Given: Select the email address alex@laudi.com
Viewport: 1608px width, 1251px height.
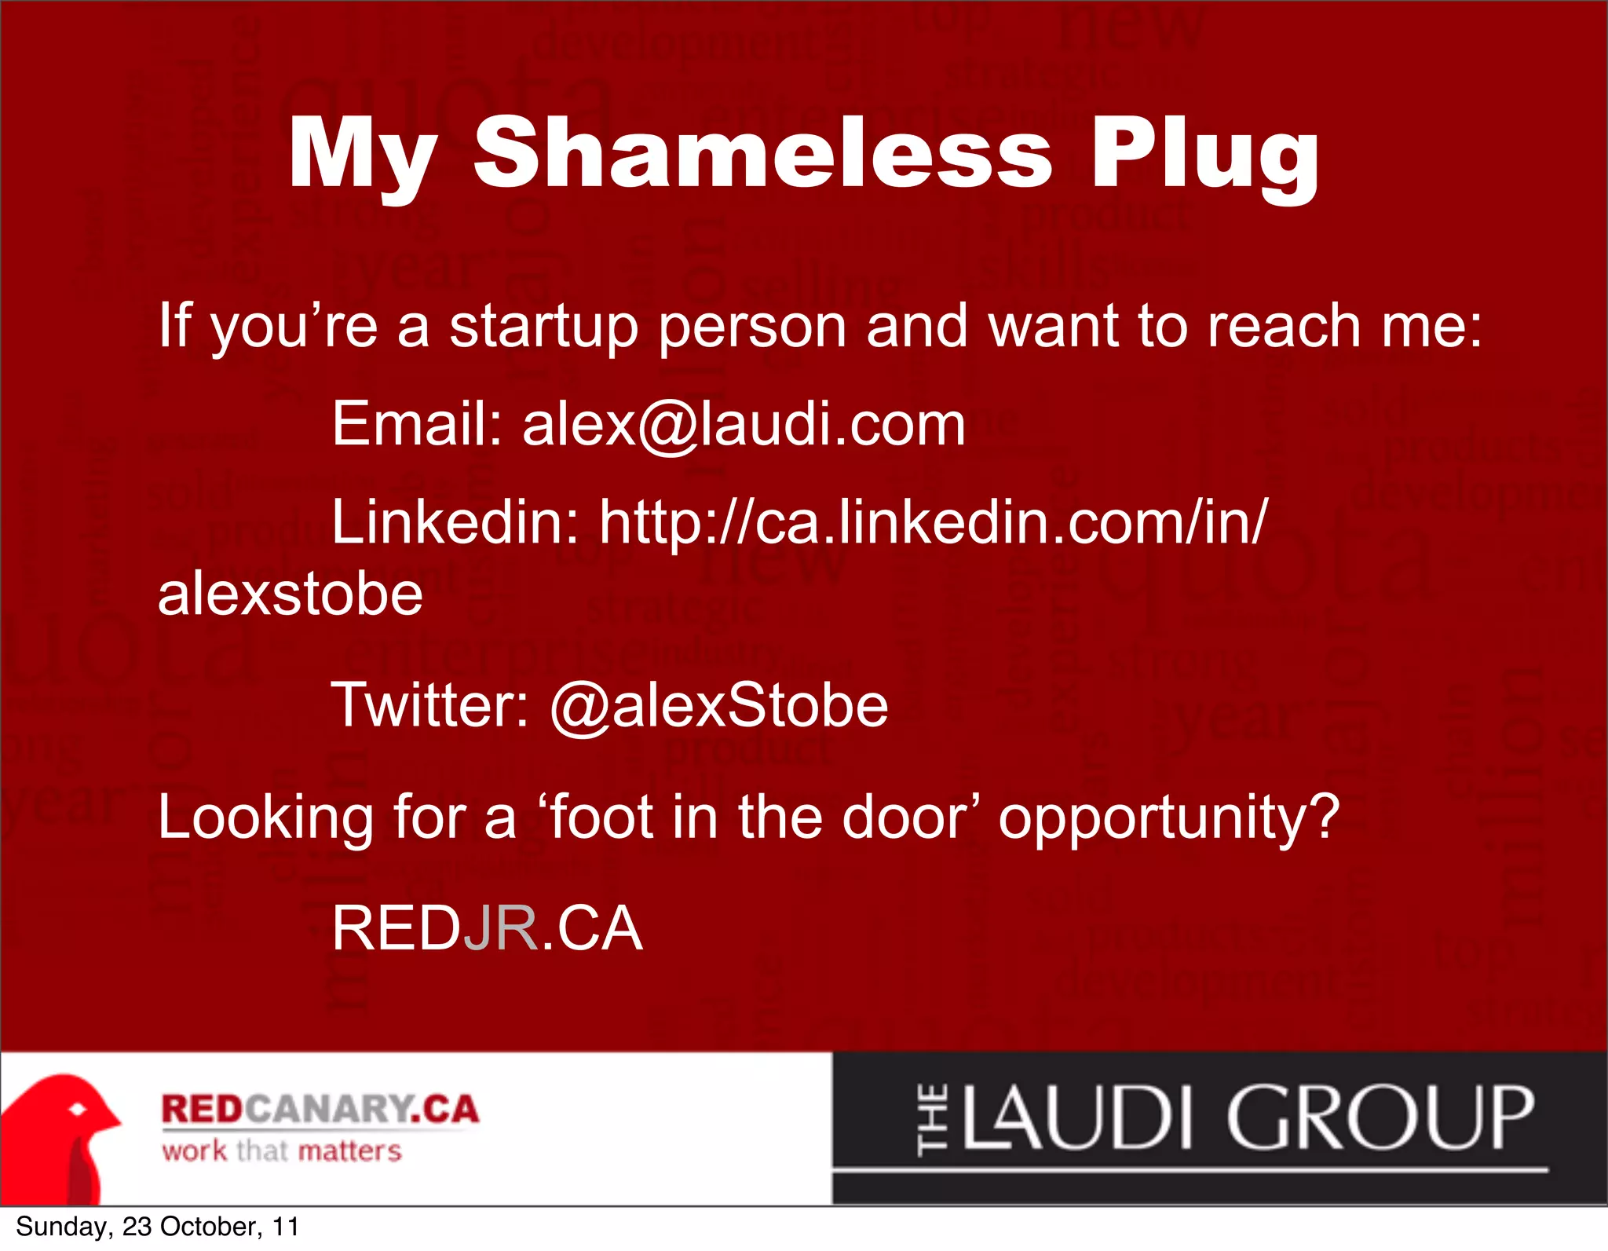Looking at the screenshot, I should point(744,425).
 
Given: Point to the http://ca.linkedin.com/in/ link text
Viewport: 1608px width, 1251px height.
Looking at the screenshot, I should point(933,522).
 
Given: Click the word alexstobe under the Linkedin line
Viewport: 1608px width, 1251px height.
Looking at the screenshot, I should point(291,594).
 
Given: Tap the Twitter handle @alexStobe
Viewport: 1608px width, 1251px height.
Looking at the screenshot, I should point(718,706).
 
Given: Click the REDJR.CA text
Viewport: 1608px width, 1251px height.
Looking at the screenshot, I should point(487,929).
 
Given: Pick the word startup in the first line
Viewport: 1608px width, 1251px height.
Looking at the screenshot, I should point(543,327).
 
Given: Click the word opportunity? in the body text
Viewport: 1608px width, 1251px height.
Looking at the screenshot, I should point(1168,819).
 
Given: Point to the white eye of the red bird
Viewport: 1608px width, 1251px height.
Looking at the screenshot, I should point(78,1110).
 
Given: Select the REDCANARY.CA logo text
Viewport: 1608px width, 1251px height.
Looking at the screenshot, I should point(320,1109).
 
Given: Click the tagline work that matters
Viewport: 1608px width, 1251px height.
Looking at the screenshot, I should point(281,1151).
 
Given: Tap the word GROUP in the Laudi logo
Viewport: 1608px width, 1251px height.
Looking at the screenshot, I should point(1379,1118).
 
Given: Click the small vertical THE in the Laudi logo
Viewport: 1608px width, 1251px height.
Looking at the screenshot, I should point(933,1120).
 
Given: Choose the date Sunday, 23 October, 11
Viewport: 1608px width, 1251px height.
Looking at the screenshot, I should point(157,1227).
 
